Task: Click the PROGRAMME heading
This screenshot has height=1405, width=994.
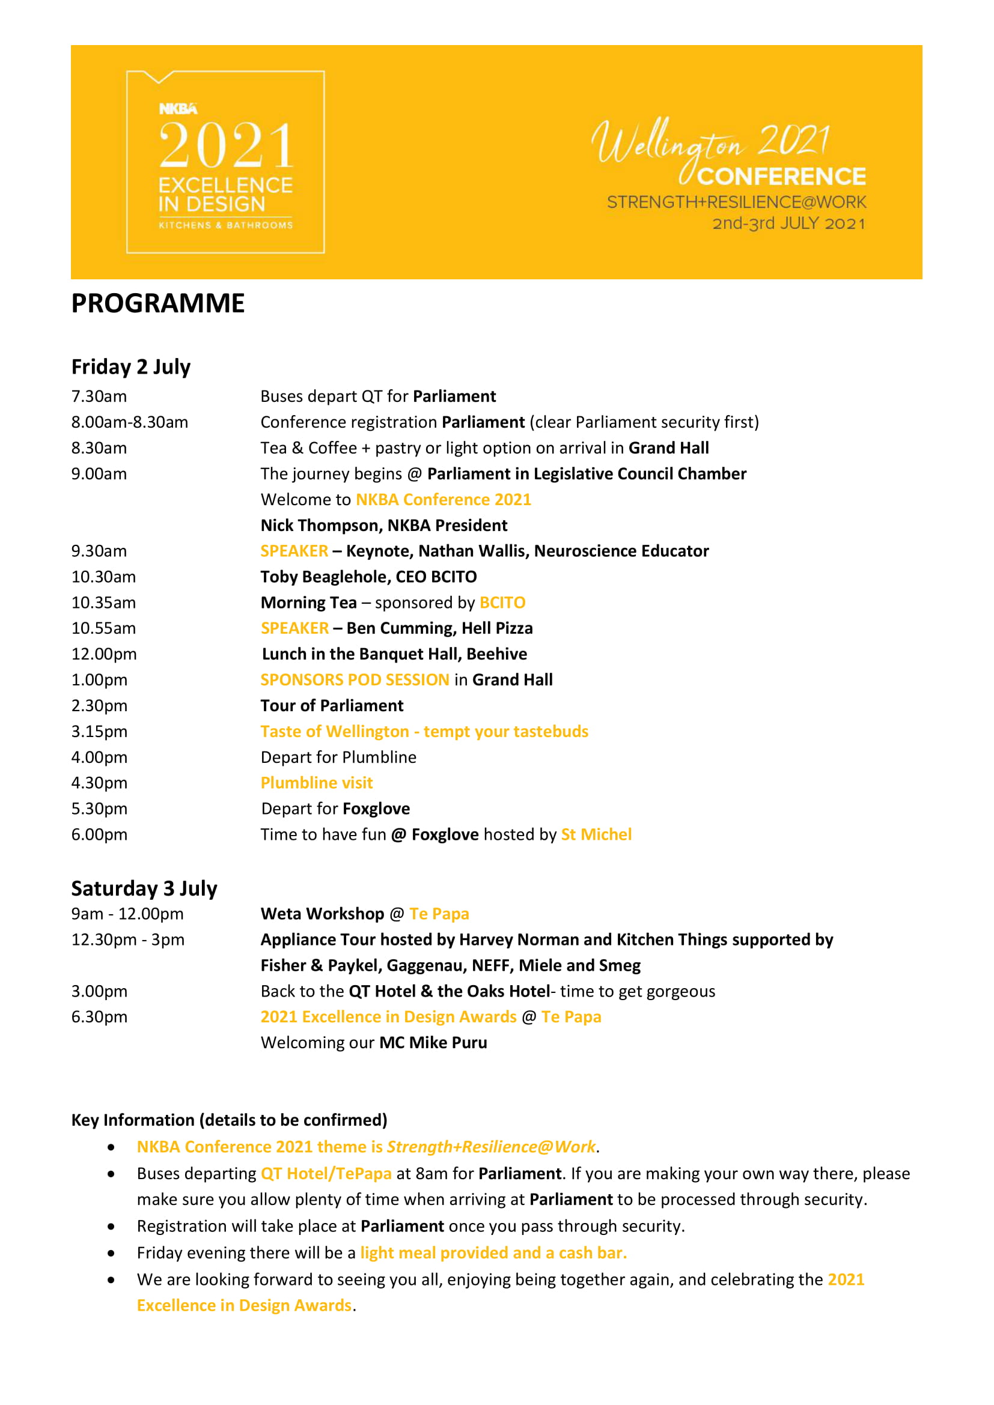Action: tap(158, 303)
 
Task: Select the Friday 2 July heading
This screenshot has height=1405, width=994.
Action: tap(131, 367)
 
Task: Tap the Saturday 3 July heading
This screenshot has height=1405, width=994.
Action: tap(144, 888)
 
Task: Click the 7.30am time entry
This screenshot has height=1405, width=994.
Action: tap(99, 396)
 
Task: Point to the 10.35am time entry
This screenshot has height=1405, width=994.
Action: tap(103, 602)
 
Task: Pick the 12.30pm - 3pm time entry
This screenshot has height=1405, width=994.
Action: tap(127, 940)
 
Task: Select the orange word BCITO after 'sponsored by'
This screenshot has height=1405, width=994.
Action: tap(502, 602)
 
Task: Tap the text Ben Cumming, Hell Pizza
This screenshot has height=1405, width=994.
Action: tap(439, 628)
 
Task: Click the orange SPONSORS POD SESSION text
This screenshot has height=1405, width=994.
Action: tap(355, 680)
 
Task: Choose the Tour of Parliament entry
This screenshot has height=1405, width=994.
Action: tap(332, 706)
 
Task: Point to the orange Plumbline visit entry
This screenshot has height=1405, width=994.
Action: tap(317, 783)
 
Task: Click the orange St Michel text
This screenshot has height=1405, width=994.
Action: tap(596, 835)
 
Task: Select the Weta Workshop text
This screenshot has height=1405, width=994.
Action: tap(322, 914)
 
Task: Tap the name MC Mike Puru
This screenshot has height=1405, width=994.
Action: tap(433, 1043)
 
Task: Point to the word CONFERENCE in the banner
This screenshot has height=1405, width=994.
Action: tap(782, 177)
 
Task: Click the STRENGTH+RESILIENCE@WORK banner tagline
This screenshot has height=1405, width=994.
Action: tap(736, 202)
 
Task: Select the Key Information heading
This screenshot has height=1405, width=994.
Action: tap(230, 1120)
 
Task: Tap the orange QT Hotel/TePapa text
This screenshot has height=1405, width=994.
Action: tap(326, 1174)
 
